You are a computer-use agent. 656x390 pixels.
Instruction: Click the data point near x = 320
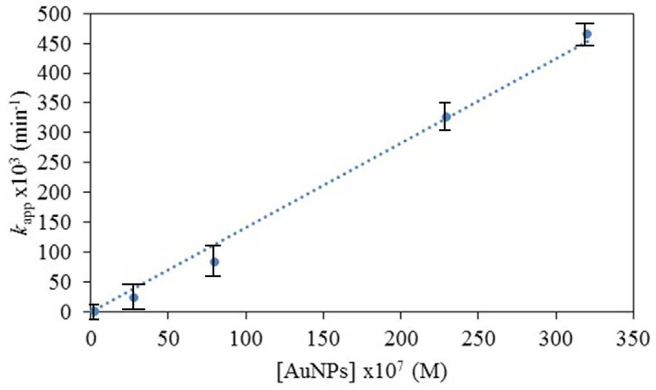[587, 34]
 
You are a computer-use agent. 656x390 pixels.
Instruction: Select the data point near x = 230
[446, 117]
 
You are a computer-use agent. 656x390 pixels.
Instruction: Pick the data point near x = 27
[134, 297]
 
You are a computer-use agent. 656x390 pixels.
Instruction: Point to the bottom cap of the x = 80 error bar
[213, 276]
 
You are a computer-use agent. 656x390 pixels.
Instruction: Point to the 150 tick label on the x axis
[323, 340]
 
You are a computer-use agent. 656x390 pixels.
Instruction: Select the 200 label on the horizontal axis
[401, 340]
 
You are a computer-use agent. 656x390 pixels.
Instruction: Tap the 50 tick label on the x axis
[168, 340]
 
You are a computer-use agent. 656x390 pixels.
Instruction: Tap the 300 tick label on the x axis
[556, 340]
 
